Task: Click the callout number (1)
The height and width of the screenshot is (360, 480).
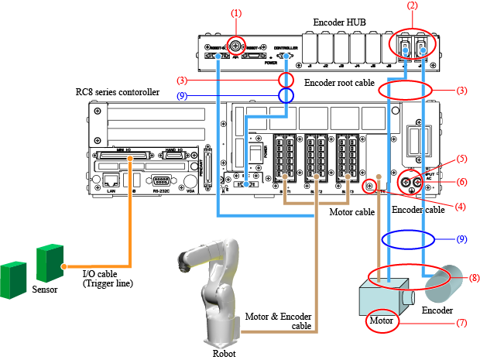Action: (236, 12)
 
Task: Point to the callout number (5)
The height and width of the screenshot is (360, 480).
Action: (461, 159)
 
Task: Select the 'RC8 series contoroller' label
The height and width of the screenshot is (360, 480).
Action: (118, 92)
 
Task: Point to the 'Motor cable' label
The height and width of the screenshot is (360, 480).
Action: (352, 211)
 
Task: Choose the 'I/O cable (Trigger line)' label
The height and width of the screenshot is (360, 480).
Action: (108, 279)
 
